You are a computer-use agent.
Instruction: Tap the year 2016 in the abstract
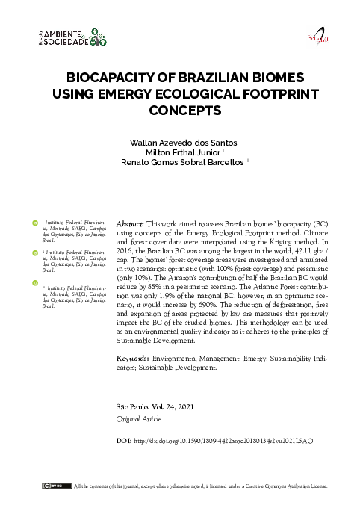point(127,253)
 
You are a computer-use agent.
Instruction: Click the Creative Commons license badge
point(50,486)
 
